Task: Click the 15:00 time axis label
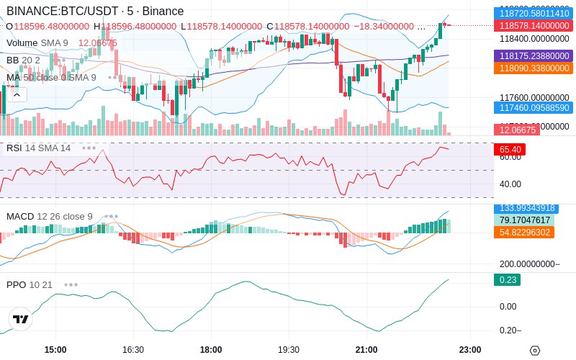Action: [55, 349]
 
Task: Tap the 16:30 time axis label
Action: [133, 349]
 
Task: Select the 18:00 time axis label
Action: [211, 349]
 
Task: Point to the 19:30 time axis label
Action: [289, 349]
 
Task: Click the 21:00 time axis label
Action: [366, 349]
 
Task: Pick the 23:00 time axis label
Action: [470, 349]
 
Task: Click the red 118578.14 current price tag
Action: [533, 25]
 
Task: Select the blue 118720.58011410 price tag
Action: [533, 13]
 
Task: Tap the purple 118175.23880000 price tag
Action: [533, 55]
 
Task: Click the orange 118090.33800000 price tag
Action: [533, 68]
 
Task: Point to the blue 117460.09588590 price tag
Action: [533, 108]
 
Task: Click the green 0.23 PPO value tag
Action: [507, 280]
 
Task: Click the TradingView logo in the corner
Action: [21, 319]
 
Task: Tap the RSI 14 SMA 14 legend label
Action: [39, 148]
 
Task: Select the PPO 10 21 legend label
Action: [30, 284]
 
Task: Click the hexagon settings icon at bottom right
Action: [534, 350]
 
